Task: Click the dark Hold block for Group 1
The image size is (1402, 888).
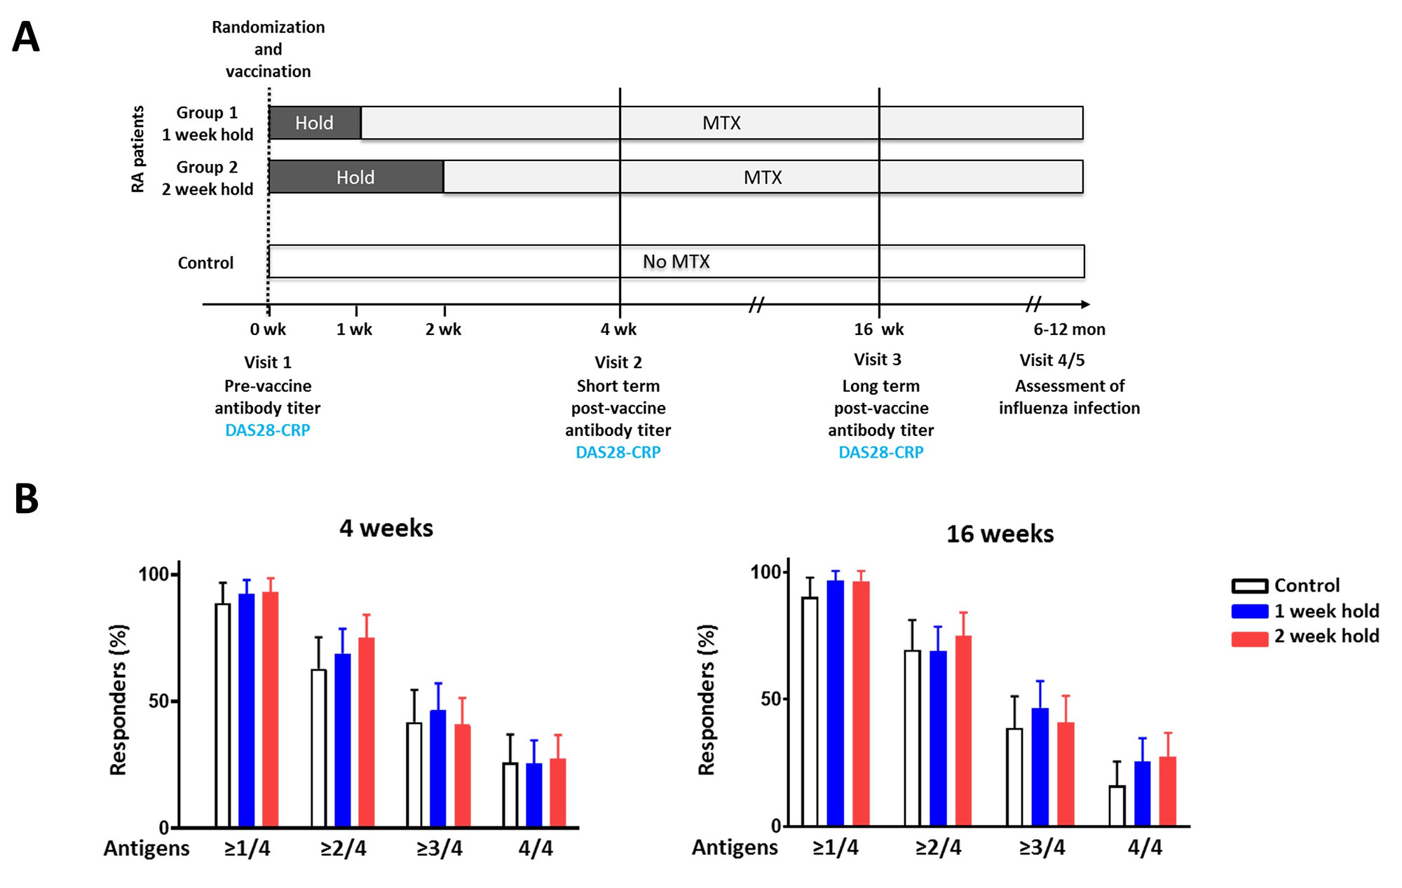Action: (x=315, y=123)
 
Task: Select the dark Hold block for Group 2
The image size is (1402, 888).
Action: (x=356, y=177)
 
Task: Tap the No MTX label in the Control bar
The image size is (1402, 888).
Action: (x=676, y=262)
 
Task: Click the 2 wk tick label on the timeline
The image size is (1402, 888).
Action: (x=443, y=329)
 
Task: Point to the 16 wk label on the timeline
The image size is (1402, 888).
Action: (x=878, y=329)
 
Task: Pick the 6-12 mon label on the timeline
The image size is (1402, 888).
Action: (x=1069, y=329)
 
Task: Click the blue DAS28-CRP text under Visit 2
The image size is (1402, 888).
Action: (x=618, y=453)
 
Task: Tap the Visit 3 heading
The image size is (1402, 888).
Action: (x=877, y=360)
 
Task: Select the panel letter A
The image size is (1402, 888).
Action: (x=26, y=37)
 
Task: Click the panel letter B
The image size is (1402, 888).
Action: (x=26, y=499)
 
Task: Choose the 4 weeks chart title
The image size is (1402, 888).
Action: (x=386, y=528)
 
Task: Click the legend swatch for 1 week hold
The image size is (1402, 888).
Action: (x=1249, y=611)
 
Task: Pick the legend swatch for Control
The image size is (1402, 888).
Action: (x=1249, y=586)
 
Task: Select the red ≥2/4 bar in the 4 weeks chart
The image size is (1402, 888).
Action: (x=367, y=732)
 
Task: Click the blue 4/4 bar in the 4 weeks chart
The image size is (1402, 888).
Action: (x=534, y=795)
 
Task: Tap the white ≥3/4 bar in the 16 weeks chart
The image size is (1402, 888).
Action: (x=1014, y=777)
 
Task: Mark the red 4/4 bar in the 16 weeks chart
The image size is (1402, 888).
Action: (x=1168, y=791)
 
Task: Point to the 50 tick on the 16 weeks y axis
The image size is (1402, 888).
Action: (x=770, y=699)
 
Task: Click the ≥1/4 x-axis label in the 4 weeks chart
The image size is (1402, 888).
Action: (x=247, y=849)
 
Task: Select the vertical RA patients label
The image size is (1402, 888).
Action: (x=138, y=149)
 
